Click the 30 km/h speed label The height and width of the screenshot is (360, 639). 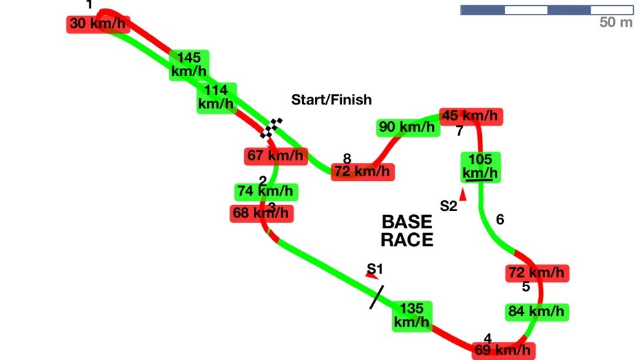99,24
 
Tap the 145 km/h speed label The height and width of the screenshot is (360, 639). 189,65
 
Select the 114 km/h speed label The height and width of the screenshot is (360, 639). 216,98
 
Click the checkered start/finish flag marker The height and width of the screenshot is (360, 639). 271,128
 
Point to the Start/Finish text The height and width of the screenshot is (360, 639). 331,100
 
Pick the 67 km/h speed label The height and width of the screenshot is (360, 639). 276,156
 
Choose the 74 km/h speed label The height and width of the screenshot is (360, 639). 266,192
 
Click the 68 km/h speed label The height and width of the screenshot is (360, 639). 262,214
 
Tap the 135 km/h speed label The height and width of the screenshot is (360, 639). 411,316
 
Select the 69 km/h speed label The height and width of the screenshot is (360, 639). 503,350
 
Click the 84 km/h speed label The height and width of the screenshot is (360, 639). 536,312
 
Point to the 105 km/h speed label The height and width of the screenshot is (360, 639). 481,167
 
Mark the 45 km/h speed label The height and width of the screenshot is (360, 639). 471,116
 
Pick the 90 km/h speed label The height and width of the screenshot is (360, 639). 407,128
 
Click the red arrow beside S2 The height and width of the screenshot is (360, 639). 463,194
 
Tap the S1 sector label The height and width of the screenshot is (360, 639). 375,269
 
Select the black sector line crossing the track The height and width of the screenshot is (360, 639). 377,297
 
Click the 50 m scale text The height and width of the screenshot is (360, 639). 616,22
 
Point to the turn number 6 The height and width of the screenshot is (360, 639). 500,220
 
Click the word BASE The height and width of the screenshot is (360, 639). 407,222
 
